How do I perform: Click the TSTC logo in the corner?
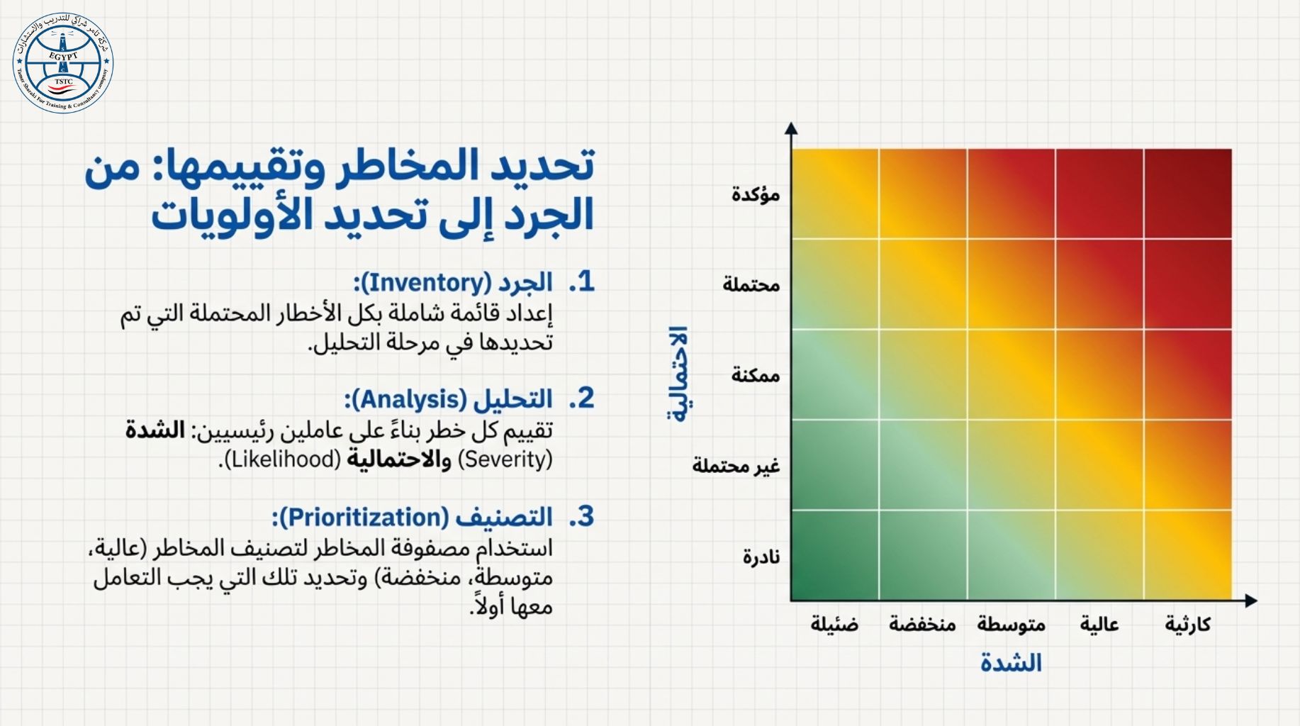tap(63, 63)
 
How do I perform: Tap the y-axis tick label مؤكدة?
tap(756, 194)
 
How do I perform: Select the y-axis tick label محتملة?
tap(751, 284)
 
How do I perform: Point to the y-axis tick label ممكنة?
tap(756, 374)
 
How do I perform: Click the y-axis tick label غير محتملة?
tap(736, 465)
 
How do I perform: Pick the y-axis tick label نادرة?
tap(761, 556)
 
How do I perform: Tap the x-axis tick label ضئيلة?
tap(835, 624)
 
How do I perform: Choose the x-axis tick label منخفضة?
tap(922, 624)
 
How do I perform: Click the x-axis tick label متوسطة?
tap(1012, 624)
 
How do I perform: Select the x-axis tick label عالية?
tap(1099, 624)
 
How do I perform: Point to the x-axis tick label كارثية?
tap(1188, 624)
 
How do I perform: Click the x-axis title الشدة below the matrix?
tap(1011, 663)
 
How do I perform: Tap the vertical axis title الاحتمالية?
tap(678, 374)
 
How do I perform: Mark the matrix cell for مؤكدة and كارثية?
tap(1188, 194)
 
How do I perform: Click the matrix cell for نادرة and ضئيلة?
tap(835, 555)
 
